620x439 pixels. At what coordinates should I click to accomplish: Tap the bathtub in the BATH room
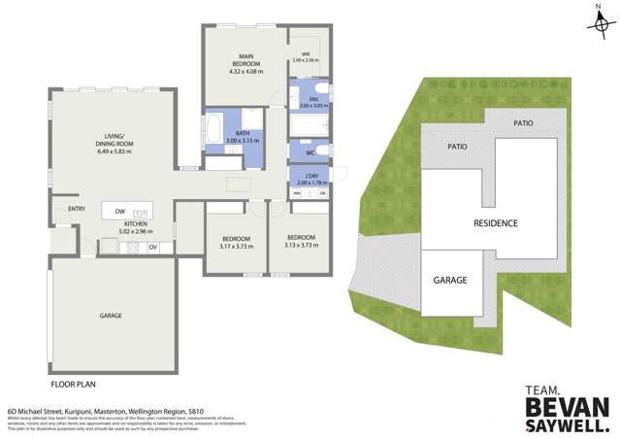(212, 129)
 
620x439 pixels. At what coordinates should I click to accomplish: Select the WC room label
(309, 152)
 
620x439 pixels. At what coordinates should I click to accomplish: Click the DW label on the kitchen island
(118, 212)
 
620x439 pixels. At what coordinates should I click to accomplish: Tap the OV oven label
(152, 247)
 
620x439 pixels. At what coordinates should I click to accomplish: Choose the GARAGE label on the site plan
(450, 280)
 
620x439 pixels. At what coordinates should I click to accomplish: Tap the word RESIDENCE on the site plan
(495, 222)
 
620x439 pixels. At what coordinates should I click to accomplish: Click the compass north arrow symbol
(599, 23)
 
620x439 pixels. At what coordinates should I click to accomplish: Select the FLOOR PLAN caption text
(74, 369)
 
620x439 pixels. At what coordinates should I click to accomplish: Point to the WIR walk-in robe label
(305, 52)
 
